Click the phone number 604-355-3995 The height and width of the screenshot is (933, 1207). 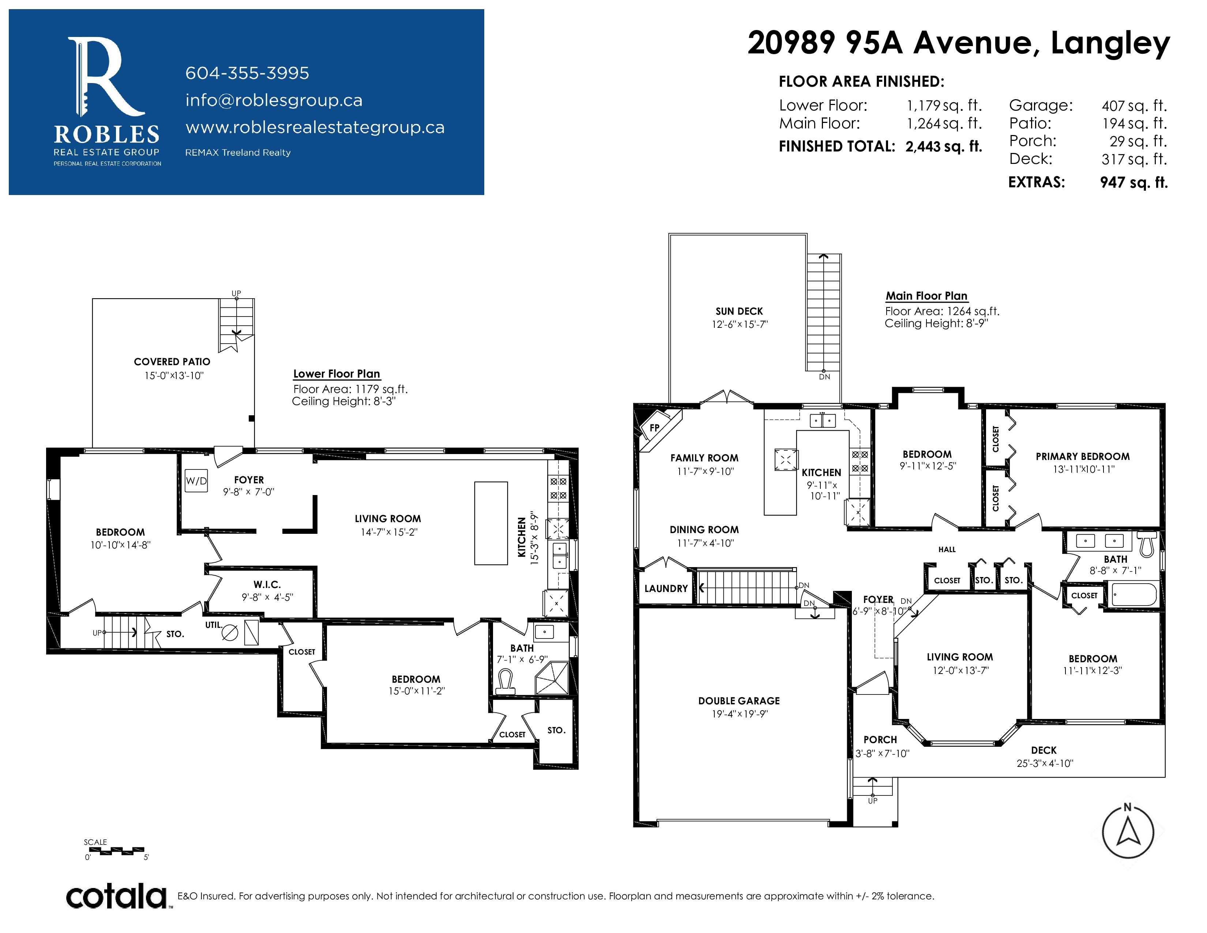point(247,73)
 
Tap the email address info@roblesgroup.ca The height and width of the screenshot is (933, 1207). point(274,100)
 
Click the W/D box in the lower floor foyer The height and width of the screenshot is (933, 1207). point(196,481)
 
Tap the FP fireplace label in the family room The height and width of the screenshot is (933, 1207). point(654,427)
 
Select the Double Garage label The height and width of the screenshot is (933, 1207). point(739,701)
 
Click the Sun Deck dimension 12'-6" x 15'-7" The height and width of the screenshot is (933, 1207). point(740,325)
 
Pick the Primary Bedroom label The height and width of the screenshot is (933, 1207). point(1083,457)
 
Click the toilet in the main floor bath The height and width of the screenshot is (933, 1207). point(1147,544)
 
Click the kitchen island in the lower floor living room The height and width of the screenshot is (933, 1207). point(491,523)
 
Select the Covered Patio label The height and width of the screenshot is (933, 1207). point(172,362)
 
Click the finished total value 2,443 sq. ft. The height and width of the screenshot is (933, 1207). point(943,146)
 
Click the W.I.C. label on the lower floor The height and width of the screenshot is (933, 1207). point(267,585)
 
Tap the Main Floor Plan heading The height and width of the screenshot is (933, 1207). point(927,296)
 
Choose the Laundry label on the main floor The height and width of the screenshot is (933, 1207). point(666,589)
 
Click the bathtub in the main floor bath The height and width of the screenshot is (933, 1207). point(1133,595)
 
